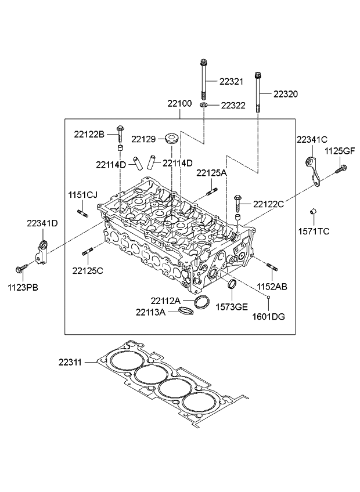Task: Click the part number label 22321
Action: (x=231, y=82)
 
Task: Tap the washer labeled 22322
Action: (x=204, y=104)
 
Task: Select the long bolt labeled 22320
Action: (x=258, y=92)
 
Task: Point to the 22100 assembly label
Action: (x=179, y=103)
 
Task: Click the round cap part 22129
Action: (x=172, y=138)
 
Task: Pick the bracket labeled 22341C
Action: (x=313, y=171)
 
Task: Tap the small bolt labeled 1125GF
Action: (x=340, y=169)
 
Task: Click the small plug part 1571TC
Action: (x=313, y=212)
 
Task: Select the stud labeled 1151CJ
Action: (x=82, y=214)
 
